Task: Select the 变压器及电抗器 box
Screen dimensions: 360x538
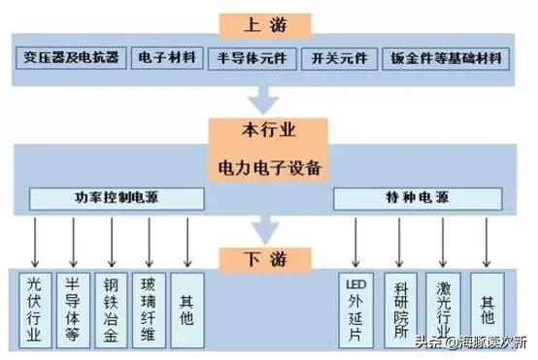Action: (x=73, y=58)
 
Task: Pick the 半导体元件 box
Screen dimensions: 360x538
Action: (x=249, y=58)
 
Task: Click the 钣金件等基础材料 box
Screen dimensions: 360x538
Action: (x=444, y=58)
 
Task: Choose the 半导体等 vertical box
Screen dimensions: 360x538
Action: (x=72, y=308)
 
